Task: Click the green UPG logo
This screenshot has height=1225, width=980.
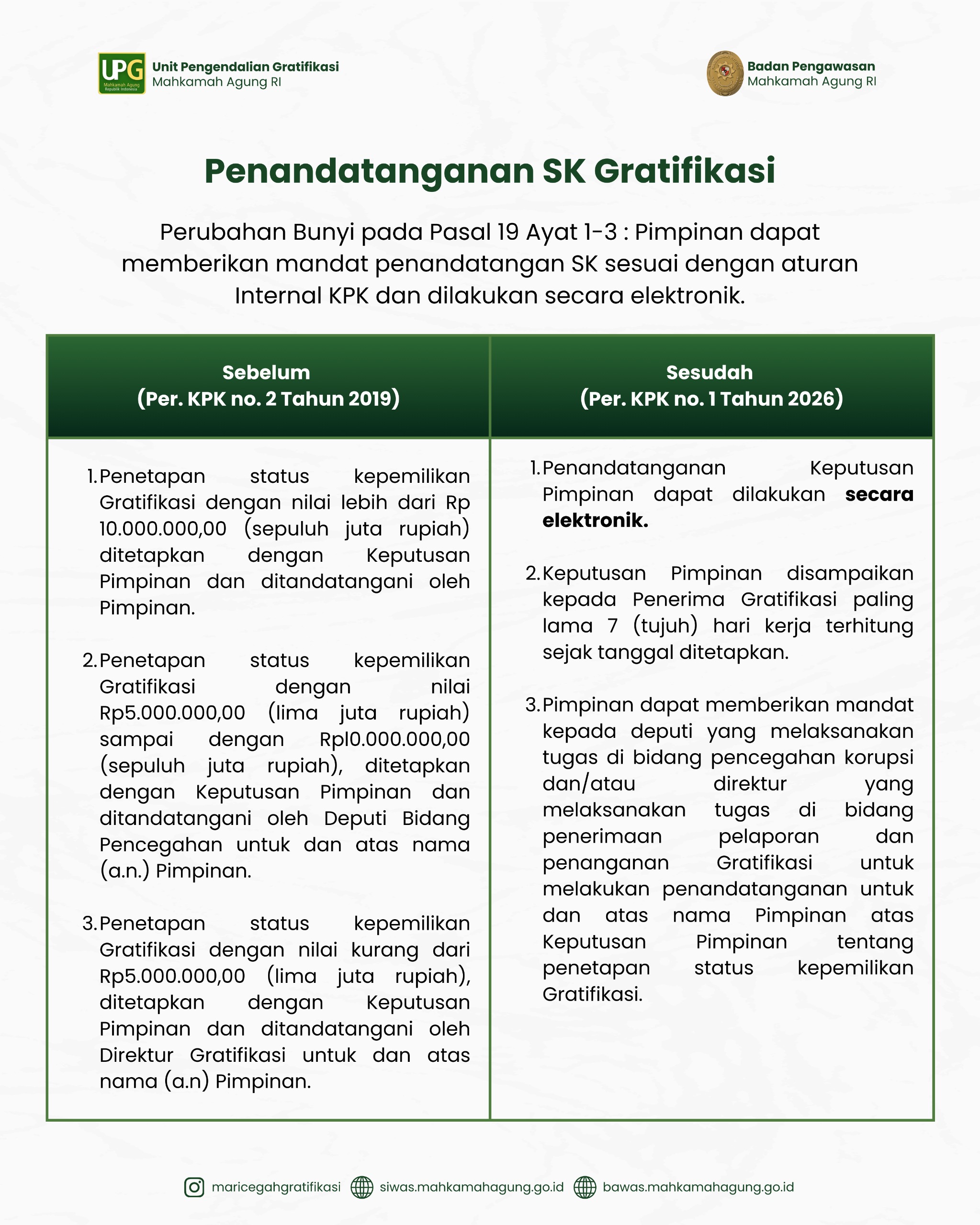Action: pos(122,73)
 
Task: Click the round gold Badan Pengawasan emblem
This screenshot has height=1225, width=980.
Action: pos(725,73)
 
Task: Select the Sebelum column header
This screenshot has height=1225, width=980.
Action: pos(266,373)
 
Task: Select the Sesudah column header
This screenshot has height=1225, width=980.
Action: pos(709,373)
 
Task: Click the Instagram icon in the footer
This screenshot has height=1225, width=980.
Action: pos(194,1187)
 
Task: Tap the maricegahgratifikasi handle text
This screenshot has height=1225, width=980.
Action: pos(276,1187)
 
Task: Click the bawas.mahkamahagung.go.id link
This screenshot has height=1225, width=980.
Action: pos(698,1187)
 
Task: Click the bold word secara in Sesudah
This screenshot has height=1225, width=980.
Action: pos(879,494)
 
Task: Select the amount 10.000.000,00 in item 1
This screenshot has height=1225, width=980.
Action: pos(163,529)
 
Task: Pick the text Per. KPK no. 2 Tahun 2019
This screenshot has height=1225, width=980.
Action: pos(268,399)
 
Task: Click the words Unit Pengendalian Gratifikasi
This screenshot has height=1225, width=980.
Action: pos(245,67)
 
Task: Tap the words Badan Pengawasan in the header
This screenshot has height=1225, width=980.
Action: pos(811,66)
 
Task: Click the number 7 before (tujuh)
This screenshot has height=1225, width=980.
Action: pos(612,625)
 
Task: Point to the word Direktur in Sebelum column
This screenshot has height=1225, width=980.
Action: pos(136,1055)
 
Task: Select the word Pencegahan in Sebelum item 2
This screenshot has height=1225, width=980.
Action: pos(161,845)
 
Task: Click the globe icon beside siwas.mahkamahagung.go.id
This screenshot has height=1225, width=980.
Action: pos(361,1187)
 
